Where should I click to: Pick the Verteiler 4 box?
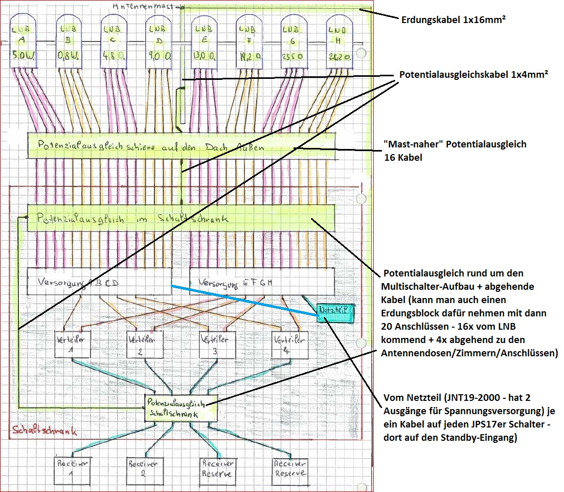[290, 345]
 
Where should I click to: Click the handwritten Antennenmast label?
[146, 7]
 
